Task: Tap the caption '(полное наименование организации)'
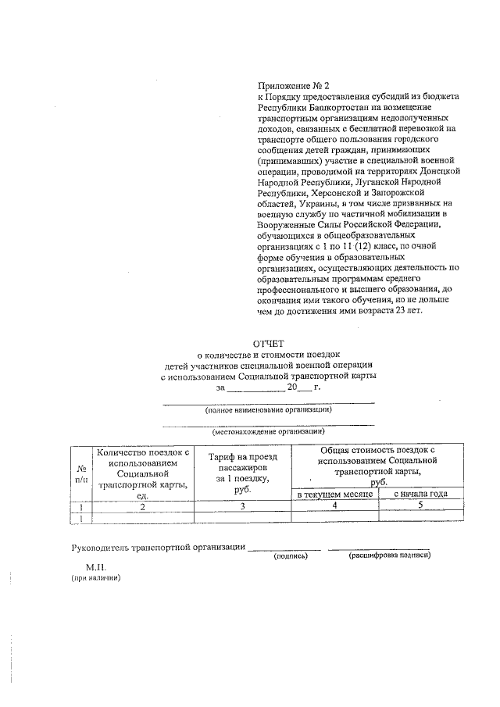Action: pos(268,409)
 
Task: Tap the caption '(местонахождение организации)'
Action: pos(268,431)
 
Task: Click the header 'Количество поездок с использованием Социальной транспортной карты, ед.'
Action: pos(142,473)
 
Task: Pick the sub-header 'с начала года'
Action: pos(420,495)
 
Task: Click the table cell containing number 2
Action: pos(142,506)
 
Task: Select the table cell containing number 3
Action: pos(241,506)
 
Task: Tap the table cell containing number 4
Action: pos(334,506)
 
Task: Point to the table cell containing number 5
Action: pos(420,506)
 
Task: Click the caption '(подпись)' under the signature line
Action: pos(290,556)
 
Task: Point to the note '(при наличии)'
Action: pos(96,579)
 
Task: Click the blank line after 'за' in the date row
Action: pos(255,387)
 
